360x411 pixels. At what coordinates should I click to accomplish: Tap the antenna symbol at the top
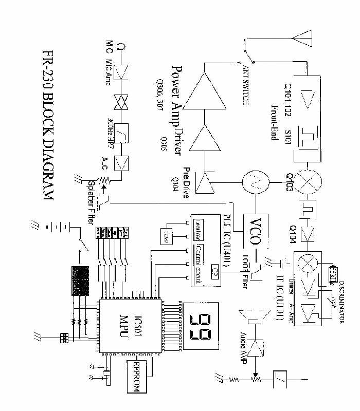tap(302, 40)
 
